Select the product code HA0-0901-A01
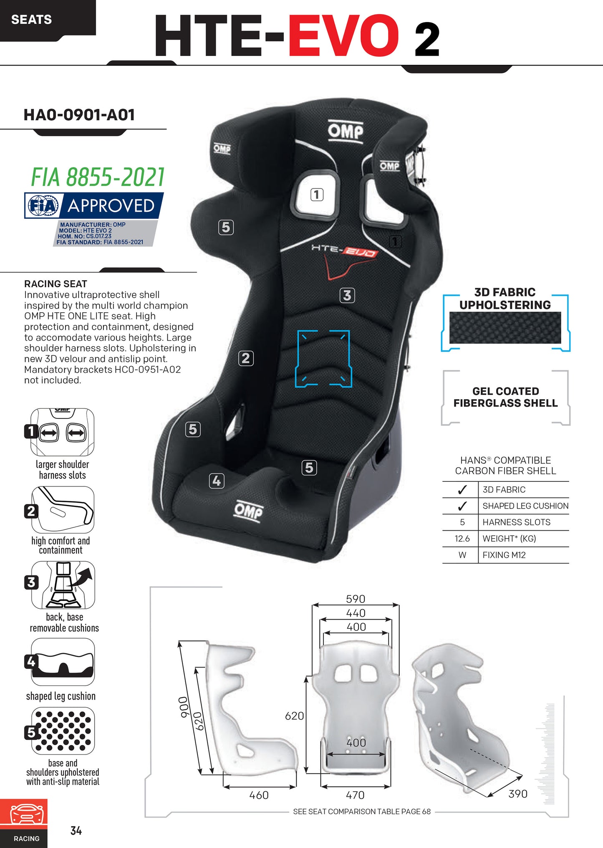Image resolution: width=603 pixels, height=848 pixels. [79, 115]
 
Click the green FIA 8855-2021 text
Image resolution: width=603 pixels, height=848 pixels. [98, 177]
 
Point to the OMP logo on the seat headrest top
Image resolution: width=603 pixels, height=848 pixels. [346, 132]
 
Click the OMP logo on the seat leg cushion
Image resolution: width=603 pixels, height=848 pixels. [249, 511]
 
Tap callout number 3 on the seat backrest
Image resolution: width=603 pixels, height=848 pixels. [347, 295]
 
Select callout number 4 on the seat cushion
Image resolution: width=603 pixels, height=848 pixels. [217, 481]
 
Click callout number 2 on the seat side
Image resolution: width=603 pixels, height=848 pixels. [246, 358]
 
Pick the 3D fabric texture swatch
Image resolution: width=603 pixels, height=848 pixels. [505, 328]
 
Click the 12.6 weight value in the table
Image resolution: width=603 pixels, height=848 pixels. [462, 539]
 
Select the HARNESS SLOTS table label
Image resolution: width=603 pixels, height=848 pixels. [516, 522]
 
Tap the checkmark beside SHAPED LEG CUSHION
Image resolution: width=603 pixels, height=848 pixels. [462, 506]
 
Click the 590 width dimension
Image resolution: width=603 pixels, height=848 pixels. [356, 599]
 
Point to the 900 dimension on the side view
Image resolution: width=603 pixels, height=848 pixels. [183, 707]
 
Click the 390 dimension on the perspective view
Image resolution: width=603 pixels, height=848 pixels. [518, 794]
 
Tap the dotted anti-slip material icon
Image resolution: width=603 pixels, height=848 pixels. [63, 731]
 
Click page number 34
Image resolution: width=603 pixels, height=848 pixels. [76, 831]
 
